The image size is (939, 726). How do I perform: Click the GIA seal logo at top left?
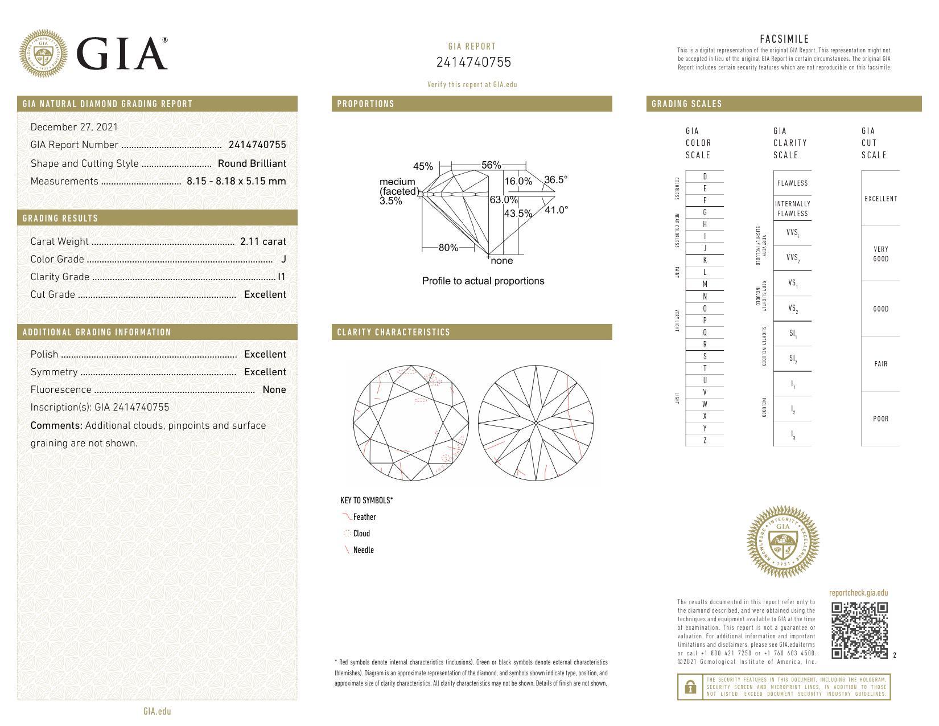[43, 54]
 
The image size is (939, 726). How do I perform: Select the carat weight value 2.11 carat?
[263, 241]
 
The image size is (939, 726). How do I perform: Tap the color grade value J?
[283, 259]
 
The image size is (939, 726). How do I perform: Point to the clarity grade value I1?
[281, 277]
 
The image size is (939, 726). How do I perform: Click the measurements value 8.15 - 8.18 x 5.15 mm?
[236, 181]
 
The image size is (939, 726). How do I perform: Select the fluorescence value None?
[274, 389]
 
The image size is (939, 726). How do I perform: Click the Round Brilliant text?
[252, 163]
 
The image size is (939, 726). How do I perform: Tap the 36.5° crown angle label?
[555, 180]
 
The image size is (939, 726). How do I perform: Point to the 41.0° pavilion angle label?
[556, 210]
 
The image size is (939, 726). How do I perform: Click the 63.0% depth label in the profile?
[504, 200]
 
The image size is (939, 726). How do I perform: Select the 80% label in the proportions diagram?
[448, 248]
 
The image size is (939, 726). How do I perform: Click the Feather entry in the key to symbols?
[364, 517]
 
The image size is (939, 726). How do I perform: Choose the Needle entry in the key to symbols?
[363, 550]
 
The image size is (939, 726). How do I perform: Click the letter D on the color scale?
[705, 177]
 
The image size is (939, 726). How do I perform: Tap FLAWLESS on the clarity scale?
[792, 183]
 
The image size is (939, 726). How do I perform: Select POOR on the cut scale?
[880, 419]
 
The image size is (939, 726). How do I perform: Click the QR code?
[859, 630]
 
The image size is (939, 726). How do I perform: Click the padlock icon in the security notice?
[690, 687]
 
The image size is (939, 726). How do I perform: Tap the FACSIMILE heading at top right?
[784, 39]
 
